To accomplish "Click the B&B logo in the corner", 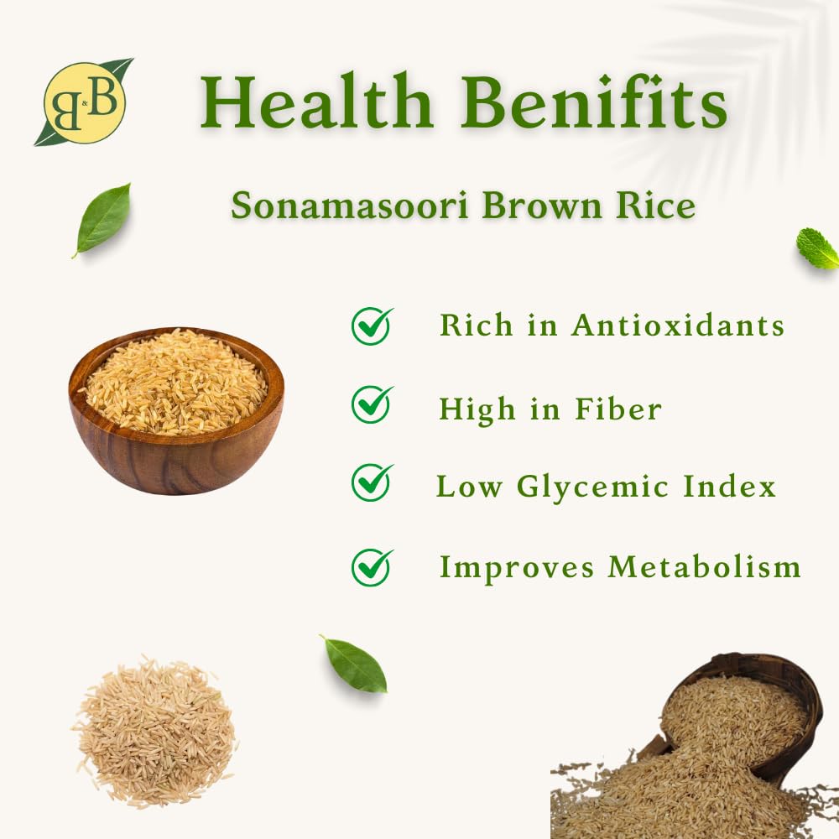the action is (x=84, y=102).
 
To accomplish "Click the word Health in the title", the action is (x=316, y=102).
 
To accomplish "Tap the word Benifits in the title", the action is (x=594, y=102).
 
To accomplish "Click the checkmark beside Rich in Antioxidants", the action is (x=372, y=326).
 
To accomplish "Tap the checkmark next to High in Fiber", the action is (x=372, y=404).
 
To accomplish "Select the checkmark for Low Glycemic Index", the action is (x=372, y=482).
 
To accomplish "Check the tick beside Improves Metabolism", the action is (x=372, y=567).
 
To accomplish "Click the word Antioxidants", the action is (x=678, y=325).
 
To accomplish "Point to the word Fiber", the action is (x=618, y=409).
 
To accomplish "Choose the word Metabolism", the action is (x=704, y=566).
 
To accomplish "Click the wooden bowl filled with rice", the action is (x=176, y=410).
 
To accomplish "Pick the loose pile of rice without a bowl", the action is (x=154, y=732).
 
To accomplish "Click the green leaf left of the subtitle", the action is (x=102, y=220).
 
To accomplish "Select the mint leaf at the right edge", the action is (x=817, y=248).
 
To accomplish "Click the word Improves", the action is (x=516, y=568).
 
